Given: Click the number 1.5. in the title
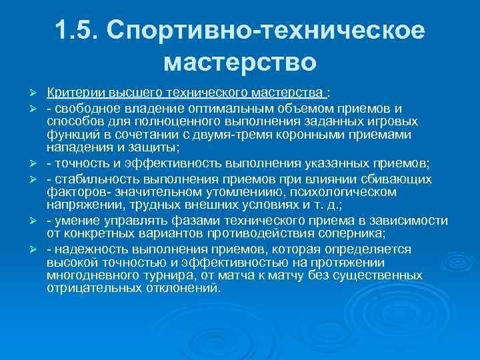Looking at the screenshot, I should [79, 33].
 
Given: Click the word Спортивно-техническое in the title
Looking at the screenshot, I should [265, 33].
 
